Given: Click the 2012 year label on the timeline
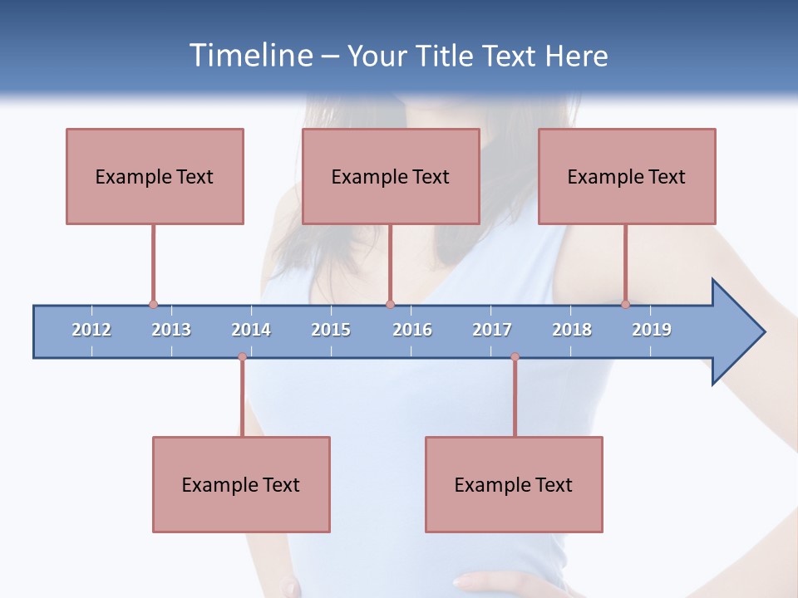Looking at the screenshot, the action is pos(91,330).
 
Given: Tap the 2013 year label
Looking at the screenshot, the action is pos(171,330).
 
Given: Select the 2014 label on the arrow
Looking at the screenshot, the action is pos(251,330).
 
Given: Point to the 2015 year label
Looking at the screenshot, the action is pos(331,330).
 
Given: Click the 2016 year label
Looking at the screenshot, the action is pos(412,330).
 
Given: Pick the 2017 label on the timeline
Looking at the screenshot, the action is pos(492,330).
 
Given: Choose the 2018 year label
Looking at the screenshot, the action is pos(572,330).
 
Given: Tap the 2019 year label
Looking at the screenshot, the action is pos(652,330).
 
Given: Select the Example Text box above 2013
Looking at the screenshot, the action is pos(155,176).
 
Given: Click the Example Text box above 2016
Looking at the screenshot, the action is pos(391,176).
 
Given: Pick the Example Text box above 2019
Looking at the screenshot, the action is pos(627,176).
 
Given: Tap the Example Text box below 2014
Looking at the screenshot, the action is pos(241,484).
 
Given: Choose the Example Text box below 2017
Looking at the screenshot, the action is pos(514,484).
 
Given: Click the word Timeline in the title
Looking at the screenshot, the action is pos(250,56).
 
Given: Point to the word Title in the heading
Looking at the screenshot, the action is pos(450,56).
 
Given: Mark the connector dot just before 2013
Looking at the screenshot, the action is pos(153,305).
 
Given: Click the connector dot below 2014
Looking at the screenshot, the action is pos(242,357).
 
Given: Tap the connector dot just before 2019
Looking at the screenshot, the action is pos(625,305).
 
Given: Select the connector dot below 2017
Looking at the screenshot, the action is pos(515,357).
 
